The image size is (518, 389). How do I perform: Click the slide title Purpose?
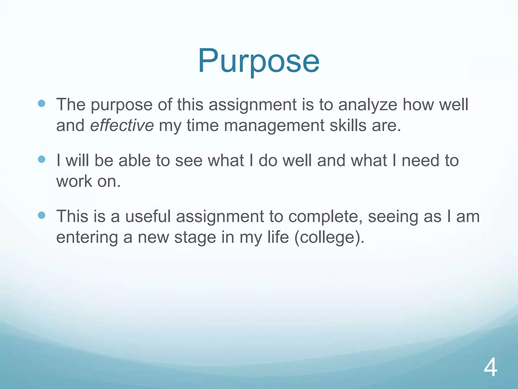pyautogui.click(x=258, y=61)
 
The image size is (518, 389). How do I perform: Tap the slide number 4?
pyautogui.click(x=490, y=369)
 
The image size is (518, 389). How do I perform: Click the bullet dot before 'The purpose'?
pyautogui.click(x=41, y=103)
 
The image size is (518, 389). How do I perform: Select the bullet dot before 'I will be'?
pyautogui.click(x=41, y=159)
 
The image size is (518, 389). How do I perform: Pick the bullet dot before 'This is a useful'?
pyautogui.click(x=41, y=215)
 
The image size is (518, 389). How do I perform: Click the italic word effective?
pyautogui.click(x=122, y=125)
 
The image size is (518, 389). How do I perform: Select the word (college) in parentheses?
pyautogui.click(x=329, y=238)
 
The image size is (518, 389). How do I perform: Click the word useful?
pyautogui.click(x=148, y=217)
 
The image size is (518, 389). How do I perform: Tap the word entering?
pyautogui.click(x=87, y=238)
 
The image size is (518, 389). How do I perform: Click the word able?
pyautogui.click(x=135, y=161)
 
